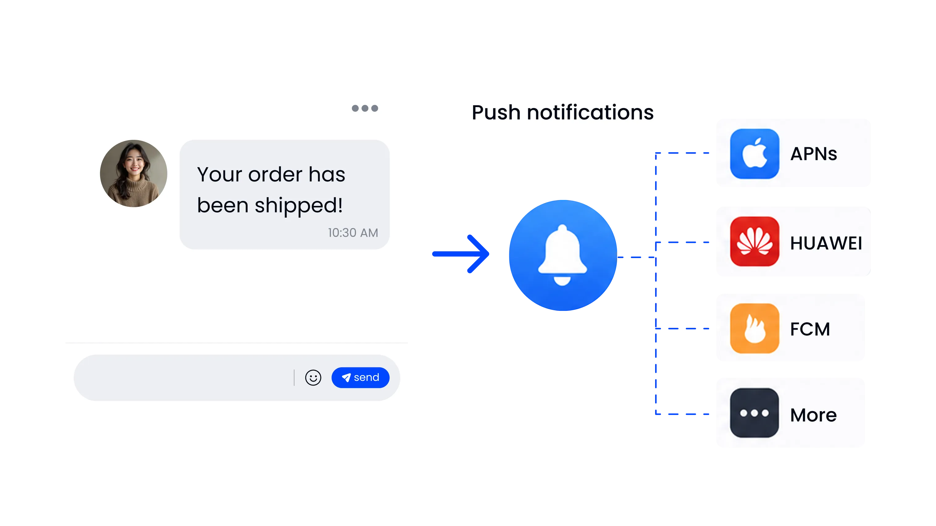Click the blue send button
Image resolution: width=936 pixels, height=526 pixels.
(361, 378)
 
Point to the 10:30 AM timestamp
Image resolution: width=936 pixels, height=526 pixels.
(353, 232)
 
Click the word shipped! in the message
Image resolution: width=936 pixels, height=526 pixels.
(299, 206)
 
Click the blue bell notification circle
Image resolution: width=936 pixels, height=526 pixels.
(563, 255)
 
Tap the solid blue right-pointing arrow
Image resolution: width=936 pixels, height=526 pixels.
(461, 253)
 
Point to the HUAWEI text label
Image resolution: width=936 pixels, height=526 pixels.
(826, 243)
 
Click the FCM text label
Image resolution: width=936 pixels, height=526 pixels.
(810, 329)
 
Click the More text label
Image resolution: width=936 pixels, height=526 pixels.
(813, 415)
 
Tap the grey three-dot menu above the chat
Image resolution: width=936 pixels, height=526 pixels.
(365, 108)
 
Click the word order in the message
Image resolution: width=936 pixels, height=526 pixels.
(275, 174)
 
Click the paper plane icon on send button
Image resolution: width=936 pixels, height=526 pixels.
(346, 378)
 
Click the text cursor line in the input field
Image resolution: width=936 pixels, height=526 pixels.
(294, 378)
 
